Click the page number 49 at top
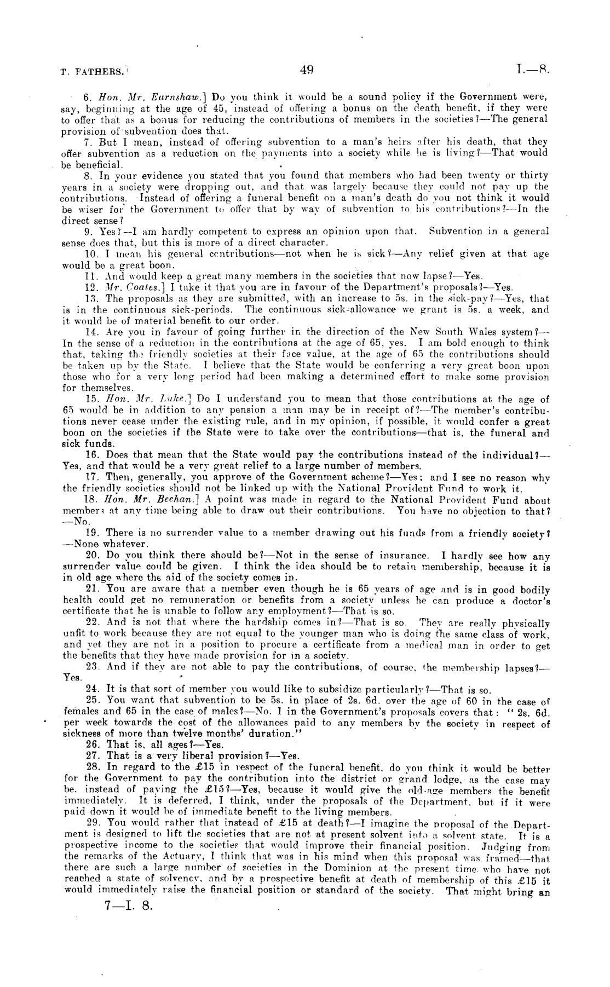(x=306, y=70)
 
